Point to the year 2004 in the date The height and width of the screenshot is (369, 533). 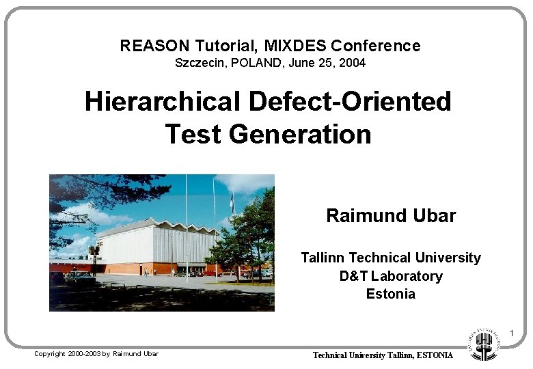click(353, 64)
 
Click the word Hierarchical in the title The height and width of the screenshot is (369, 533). click(162, 102)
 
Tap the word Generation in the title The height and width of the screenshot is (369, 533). click(300, 134)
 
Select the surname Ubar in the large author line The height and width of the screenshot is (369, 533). click(434, 216)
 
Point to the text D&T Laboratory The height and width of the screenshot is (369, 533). click(391, 276)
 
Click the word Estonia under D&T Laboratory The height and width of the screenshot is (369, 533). click(391, 295)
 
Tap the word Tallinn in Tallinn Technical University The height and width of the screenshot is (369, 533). click(323, 258)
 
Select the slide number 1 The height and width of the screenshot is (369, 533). click(510, 333)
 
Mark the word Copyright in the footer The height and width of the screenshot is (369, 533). click(50, 354)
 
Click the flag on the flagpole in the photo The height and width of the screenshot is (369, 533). click(232, 202)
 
